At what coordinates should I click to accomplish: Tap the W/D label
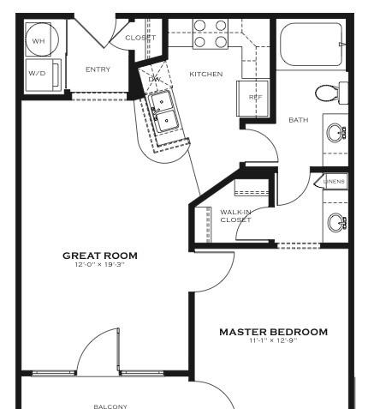click(37, 73)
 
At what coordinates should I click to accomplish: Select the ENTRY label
click(98, 69)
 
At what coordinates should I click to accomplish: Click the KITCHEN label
click(206, 74)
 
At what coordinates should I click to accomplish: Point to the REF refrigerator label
click(255, 97)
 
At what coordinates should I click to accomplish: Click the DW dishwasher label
click(155, 79)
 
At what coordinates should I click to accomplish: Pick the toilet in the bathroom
click(331, 93)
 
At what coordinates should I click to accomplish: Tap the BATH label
click(299, 120)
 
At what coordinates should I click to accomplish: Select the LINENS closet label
click(334, 182)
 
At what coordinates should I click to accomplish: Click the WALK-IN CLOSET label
click(235, 216)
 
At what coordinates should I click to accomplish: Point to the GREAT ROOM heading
click(100, 256)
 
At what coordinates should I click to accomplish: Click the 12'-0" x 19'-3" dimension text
click(100, 265)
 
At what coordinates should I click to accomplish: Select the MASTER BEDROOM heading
click(273, 332)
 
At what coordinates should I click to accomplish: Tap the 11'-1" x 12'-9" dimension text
click(273, 340)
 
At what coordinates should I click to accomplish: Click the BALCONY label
click(110, 406)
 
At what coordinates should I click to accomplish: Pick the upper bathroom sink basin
click(335, 133)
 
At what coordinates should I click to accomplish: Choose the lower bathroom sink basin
click(335, 222)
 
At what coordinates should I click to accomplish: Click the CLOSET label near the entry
click(140, 38)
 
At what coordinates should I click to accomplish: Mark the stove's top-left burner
click(199, 26)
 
